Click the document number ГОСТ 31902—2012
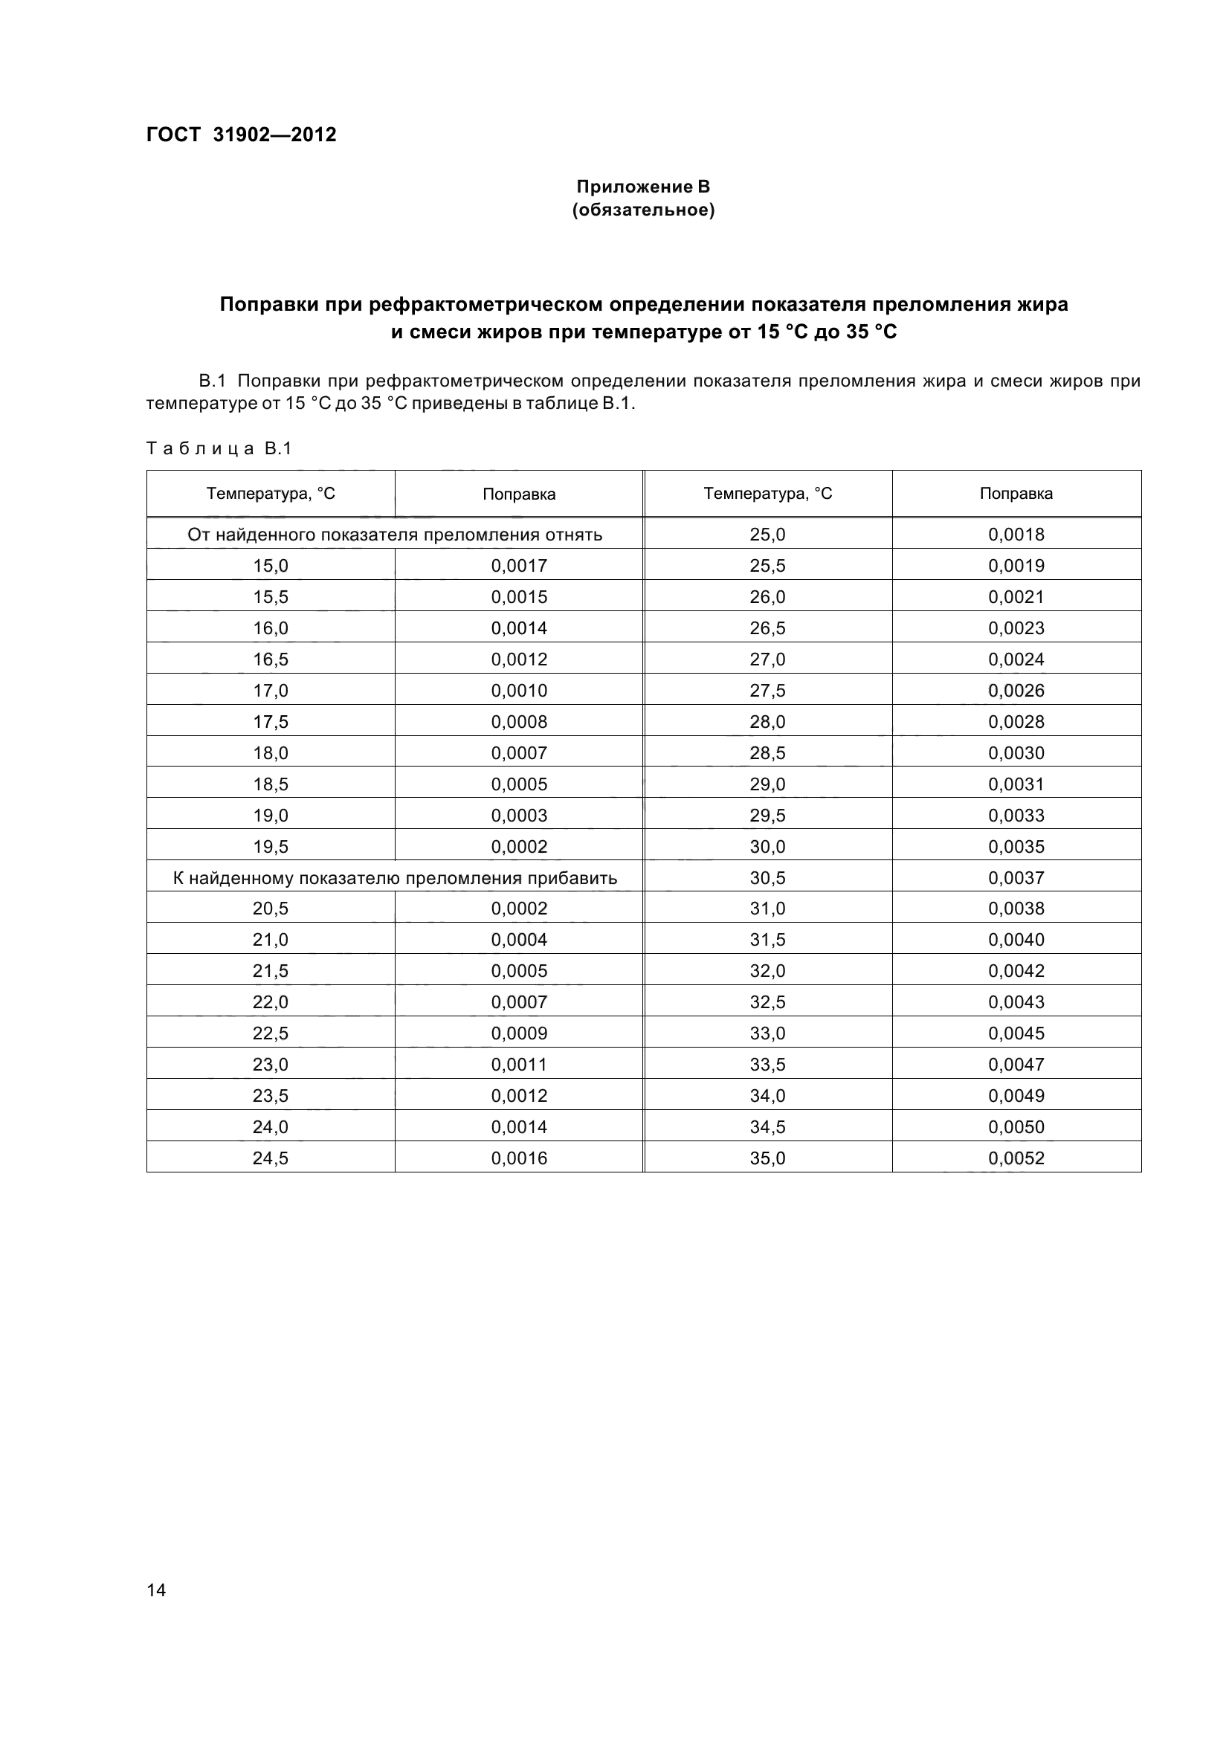point(241,135)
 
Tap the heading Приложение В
point(643,187)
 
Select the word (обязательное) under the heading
point(643,210)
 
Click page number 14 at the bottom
point(156,1590)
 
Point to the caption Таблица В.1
point(219,448)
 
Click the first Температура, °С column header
point(271,494)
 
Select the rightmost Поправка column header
point(1016,494)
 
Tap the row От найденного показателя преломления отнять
point(395,535)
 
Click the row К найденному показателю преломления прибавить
point(395,878)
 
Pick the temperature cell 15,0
point(271,566)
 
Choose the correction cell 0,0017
point(519,566)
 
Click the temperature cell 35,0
point(767,1158)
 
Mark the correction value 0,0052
point(1016,1158)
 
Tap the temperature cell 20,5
point(271,908)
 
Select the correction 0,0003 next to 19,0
point(519,816)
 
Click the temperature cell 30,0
point(767,847)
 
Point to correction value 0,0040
point(1016,940)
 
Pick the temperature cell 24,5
point(271,1158)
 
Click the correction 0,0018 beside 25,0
point(1016,535)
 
